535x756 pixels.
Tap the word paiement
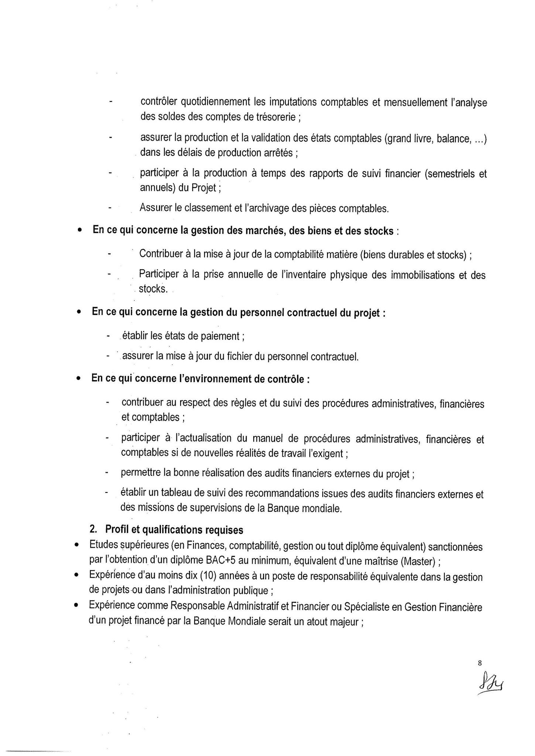[x=221, y=336]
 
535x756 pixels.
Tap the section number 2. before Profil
[x=93, y=530]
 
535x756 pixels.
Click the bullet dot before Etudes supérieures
[x=76, y=545]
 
